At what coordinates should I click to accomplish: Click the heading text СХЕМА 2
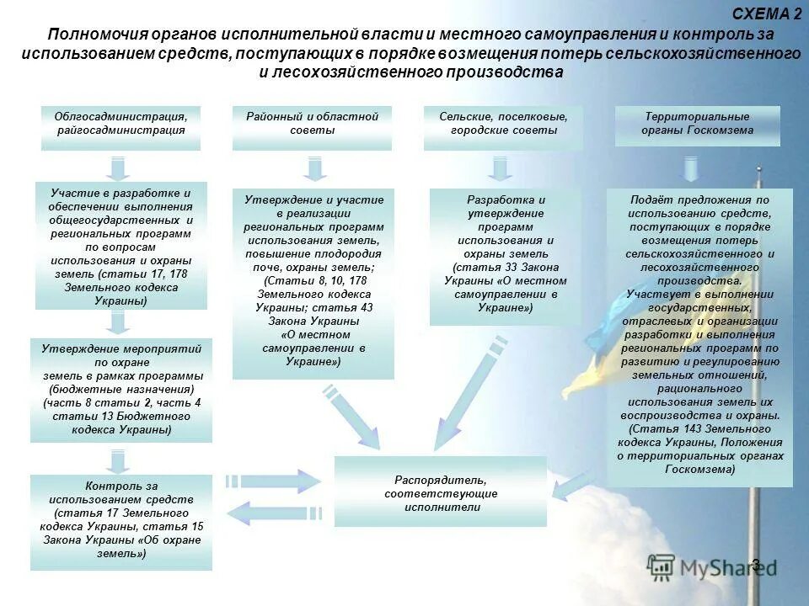pyautogui.click(x=767, y=13)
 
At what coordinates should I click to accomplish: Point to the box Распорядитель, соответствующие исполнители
pyautogui.click(x=440, y=492)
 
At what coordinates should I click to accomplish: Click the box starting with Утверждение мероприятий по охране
pyautogui.click(x=121, y=390)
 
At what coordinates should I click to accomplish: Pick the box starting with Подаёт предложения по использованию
pyautogui.click(x=699, y=337)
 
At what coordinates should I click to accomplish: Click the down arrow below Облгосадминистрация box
pyautogui.click(x=120, y=167)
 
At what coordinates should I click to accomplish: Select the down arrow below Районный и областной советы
pyautogui.click(x=314, y=169)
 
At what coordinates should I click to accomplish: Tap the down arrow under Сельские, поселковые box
pyautogui.click(x=501, y=169)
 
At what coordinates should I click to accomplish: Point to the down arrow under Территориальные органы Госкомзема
pyautogui.click(x=691, y=170)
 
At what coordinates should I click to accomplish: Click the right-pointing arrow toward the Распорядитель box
pyautogui.click(x=275, y=481)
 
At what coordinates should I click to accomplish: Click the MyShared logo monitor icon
pyautogui.click(x=661, y=566)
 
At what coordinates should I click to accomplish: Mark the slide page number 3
pyautogui.click(x=755, y=564)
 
